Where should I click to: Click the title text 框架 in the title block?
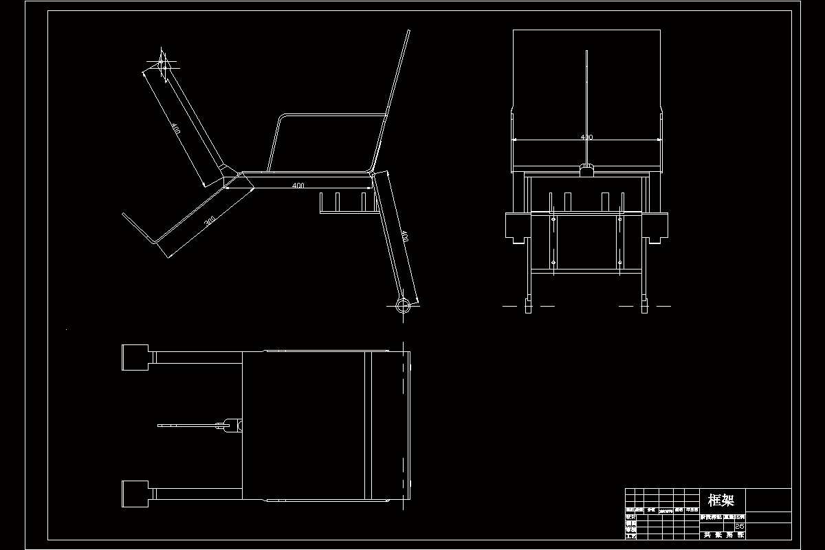click(720, 500)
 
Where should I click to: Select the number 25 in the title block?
click(740, 527)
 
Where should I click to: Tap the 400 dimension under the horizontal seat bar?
click(298, 186)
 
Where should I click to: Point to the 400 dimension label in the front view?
click(586, 137)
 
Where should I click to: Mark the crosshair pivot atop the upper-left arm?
click(163, 63)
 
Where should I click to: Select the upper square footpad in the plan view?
click(135, 357)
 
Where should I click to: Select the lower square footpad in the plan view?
click(135, 494)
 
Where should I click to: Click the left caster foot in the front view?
click(528, 305)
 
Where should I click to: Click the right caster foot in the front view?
click(644, 305)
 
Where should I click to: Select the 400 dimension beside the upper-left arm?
click(176, 129)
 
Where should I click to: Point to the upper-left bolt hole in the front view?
click(553, 219)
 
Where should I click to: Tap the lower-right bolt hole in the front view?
click(619, 262)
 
